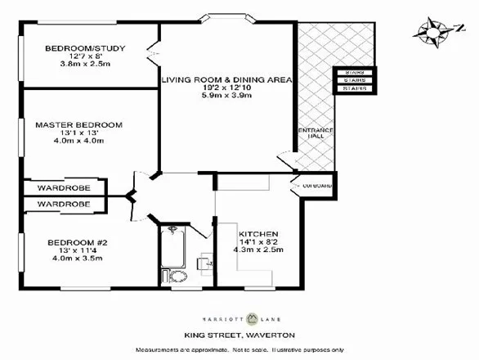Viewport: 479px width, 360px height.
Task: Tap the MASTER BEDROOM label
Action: pos(78,125)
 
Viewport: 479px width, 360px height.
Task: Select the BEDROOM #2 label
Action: pos(73,242)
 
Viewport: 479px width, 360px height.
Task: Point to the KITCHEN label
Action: pos(258,233)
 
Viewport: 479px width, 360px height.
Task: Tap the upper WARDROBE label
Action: pos(63,187)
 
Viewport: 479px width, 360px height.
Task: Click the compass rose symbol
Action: pos(430,32)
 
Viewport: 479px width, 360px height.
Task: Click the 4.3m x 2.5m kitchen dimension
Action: pos(258,250)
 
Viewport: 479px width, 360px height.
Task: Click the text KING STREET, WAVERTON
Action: pos(239,335)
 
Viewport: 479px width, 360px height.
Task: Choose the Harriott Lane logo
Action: pos(239,319)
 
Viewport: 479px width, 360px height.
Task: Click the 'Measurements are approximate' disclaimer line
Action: pos(239,349)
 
